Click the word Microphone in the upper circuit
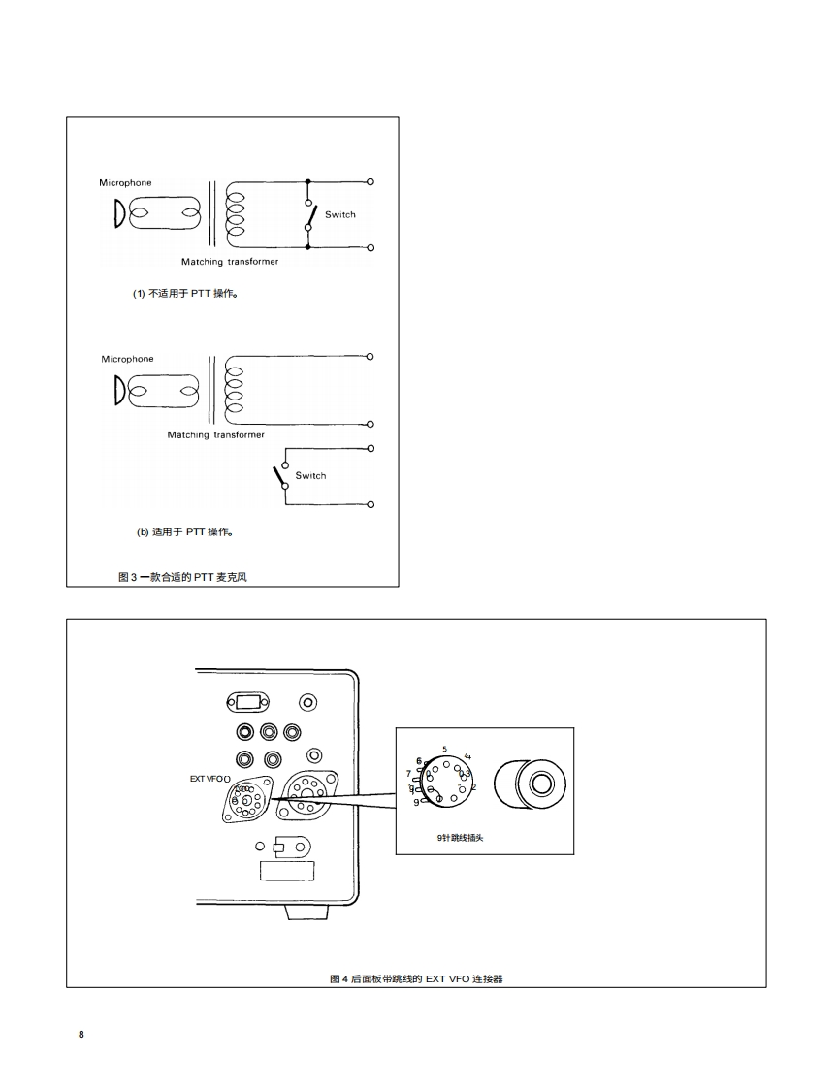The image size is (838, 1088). tap(125, 182)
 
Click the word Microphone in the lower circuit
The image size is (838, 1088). tap(127, 359)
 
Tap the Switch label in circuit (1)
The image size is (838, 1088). tap(339, 214)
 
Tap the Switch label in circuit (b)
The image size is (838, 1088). tap(310, 475)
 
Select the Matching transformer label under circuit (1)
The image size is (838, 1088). tap(230, 262)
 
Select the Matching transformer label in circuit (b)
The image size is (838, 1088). tap(215, 434)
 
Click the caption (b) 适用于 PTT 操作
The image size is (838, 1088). tap(183, 531)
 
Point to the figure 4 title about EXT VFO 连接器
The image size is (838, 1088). tap(416, 978)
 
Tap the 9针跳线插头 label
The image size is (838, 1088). tap(461, 837)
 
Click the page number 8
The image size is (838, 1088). tap(81, 1034)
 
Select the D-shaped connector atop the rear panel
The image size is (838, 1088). tap(247, 702)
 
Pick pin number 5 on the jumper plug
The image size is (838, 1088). tap(444, 749)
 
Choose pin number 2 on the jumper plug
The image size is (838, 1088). tap(473, 786)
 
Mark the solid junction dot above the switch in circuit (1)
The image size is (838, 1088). tap(308, 181)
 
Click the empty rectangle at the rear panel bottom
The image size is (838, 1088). tap(288, 870)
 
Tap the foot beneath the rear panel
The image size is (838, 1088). tap(306, 912)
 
